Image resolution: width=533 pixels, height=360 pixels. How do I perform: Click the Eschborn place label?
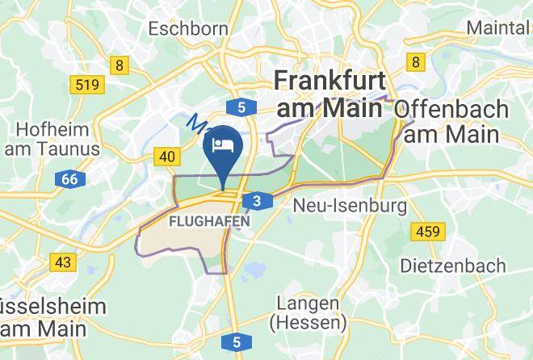[x=188, y=28]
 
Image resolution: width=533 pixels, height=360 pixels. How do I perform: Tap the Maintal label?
[x=499, y=27]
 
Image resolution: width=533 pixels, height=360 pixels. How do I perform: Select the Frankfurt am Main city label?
[x=330, y=93]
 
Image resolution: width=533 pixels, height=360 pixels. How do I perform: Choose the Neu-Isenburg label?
[x=349, y=206]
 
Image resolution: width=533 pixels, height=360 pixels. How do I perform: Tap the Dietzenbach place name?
[x=453, y=265]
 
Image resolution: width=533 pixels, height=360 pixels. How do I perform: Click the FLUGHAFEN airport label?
[x=208, y=220]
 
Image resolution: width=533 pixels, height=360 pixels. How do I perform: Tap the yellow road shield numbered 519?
[x=86, y=84]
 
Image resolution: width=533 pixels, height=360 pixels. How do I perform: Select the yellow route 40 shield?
[x=166, y=157]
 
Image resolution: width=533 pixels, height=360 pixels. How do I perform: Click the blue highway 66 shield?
[x=69, y=179]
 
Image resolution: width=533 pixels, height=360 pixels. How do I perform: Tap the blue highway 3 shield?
[x=256, y=201]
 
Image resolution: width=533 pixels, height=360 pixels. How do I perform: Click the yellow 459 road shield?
[x=427, y=232]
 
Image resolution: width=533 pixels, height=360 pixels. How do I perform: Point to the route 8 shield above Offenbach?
[x=416, y=62]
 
